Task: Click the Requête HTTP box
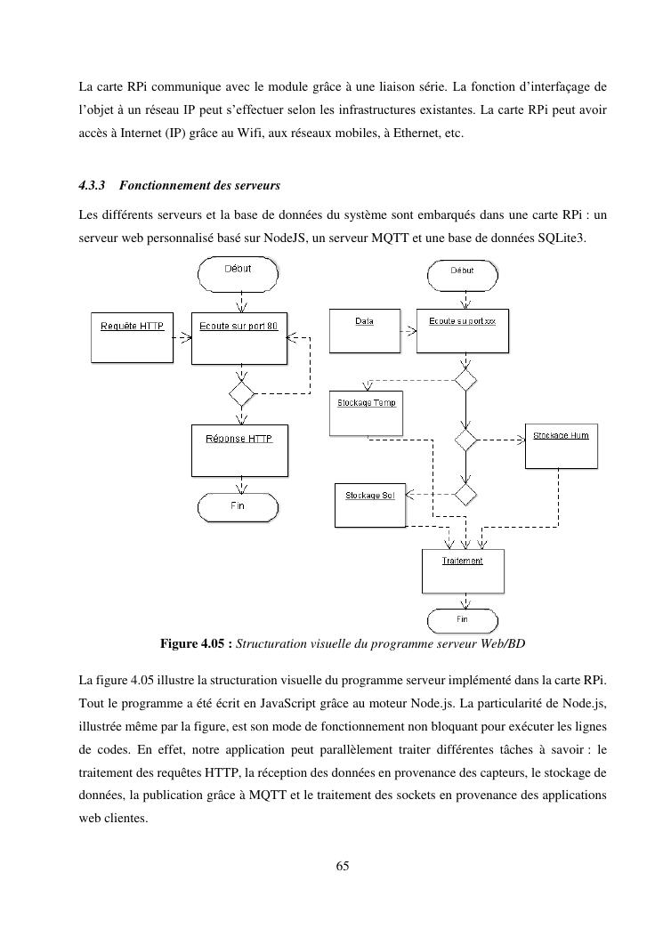pos(133,336)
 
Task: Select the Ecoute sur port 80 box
pos(239,336)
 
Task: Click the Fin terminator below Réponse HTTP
pos(239,507)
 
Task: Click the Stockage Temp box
pos(366,413)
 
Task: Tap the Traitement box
pos(463,570)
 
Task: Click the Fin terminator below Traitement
pos(463,618)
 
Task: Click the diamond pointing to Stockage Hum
pos(465,440)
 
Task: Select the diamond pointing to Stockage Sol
pos(465,492)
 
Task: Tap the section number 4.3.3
pos(92,186)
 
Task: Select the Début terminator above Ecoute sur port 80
pos(238,271)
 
